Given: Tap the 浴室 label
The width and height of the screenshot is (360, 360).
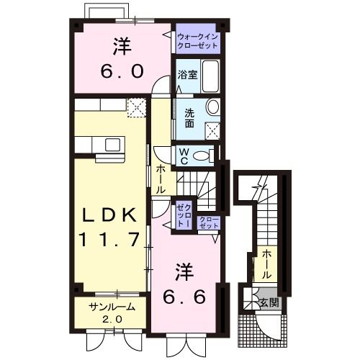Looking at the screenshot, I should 186,73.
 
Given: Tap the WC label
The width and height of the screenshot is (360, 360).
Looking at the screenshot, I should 184,156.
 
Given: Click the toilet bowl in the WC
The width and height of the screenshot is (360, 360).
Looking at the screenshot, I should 205,156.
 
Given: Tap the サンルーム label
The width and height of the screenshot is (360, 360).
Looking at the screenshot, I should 111,307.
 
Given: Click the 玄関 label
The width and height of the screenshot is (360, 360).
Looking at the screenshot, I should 270,302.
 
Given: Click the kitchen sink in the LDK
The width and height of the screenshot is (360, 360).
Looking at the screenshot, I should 112,145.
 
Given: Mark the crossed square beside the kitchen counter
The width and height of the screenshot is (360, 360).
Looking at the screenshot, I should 136,107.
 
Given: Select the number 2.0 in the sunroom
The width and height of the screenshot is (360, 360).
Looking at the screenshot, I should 111,319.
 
